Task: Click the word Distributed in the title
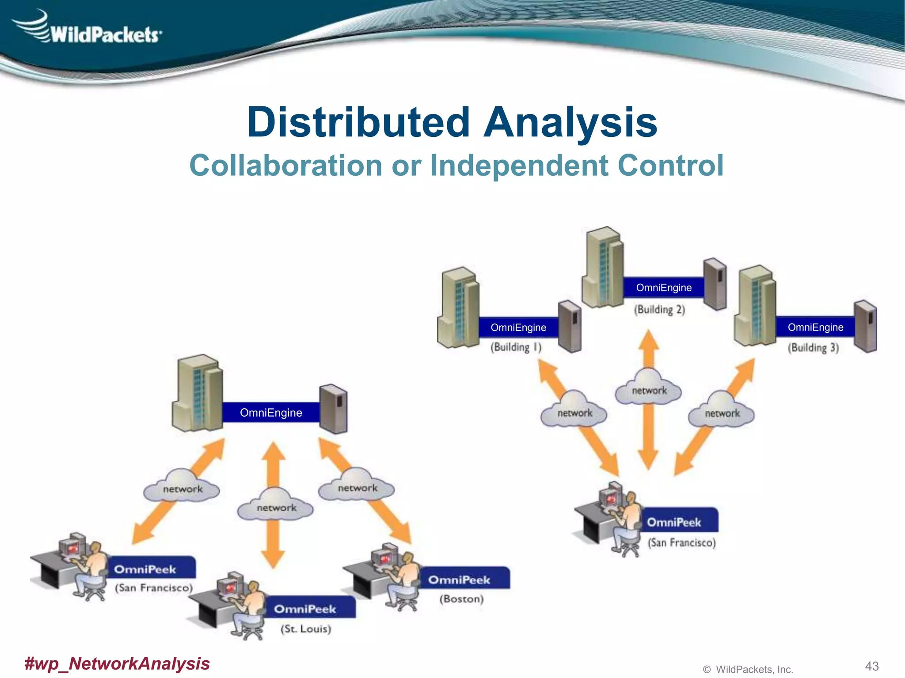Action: [x=358, y=122]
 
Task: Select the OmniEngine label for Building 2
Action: [x=663, y=288]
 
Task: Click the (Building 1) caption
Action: [x=516, y=347]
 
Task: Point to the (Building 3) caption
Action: [x=813, y=348]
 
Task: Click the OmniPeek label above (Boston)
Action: [x=460, y=580]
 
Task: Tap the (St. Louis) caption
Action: [x=306, y=629]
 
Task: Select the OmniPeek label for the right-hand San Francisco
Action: [x=674, y=522]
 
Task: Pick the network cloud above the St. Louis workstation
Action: [x=276, y=507]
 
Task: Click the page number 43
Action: [x=871, y=666]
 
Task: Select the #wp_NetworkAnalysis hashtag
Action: [x=117, y=663]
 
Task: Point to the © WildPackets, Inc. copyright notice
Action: [x=748, y=669]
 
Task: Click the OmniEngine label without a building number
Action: [x=271, y=413]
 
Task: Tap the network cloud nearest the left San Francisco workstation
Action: [x=182, y=488]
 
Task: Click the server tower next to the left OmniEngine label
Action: [x=333, y=409]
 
